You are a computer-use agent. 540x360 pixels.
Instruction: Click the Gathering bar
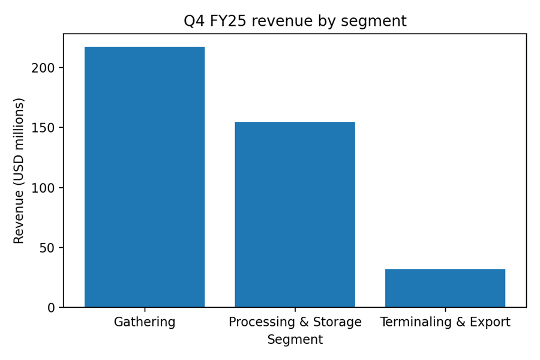[145, 177]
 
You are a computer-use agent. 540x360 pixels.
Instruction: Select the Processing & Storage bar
[295, 215]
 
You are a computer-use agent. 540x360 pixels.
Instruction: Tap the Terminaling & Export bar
[445, 288]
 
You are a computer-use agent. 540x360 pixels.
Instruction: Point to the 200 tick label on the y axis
[43, 68]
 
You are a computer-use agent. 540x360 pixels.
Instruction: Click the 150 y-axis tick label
[43, 128]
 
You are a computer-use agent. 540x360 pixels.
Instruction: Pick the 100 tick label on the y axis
[43, 188]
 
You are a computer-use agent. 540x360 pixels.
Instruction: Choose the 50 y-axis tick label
[47, 248]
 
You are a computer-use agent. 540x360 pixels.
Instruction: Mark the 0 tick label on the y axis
[51, 308]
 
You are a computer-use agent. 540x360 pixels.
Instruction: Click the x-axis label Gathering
[145, 322]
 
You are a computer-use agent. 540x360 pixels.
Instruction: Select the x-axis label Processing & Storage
[295, 322]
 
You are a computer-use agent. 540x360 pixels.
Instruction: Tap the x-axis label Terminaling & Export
[445, 322]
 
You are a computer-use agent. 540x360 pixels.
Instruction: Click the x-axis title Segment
[295, 340]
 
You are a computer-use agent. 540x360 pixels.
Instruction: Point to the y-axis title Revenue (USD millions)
[19, 170]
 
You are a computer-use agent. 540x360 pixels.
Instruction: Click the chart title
[295, 22]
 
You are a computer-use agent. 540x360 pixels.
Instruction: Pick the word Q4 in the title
[193, 22]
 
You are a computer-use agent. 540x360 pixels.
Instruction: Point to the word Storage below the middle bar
[340, 322]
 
